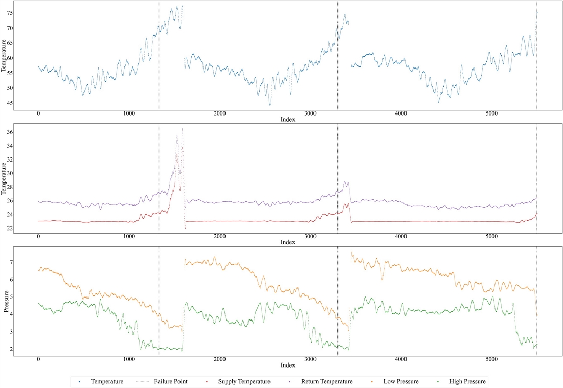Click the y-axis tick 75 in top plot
click(9, 13)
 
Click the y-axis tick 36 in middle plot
click(9, 132)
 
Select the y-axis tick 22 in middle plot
click(9, 228)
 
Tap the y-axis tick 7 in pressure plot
click(11, 262)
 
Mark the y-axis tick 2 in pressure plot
click(11, 349)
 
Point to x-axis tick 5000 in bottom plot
click(491, 360)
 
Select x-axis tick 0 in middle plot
click(38, 237)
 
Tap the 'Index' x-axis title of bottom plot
click(287, 366)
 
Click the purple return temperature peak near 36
click(182, 129)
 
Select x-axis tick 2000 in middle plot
click(219, 237)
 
